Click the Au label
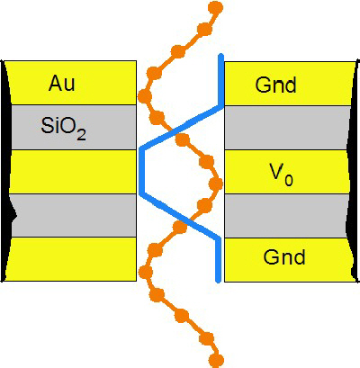(62, 83)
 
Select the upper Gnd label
(275, 85)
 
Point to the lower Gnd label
(284, 256)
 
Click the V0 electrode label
(281, 175)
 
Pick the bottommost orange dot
(216, 359)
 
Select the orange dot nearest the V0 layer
(215, 183)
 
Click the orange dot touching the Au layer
(145, 96)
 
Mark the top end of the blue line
(220, 55)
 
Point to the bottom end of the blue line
(219, 281)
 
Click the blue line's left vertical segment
(142, 171)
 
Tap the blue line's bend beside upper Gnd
(221, 105)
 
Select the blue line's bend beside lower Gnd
(219, 238)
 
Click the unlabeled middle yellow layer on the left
(73, 172)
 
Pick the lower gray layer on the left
(74, 215)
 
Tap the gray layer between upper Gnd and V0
(287, 128)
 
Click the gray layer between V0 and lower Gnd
(286, 216)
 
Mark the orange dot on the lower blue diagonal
(180, 227)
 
